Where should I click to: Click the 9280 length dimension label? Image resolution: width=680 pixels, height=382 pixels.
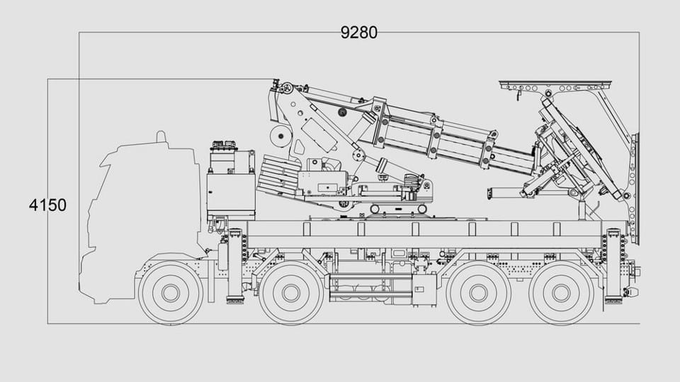(x=358, y=33)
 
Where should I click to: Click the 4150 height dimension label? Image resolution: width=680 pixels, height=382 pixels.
(x=47, y=205)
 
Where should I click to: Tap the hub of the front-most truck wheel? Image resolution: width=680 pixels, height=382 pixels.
(x=171, y=293)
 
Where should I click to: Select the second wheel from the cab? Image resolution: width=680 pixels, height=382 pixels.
(x=290, y=293)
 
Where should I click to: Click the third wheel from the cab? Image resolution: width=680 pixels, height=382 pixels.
(x=478, y=293)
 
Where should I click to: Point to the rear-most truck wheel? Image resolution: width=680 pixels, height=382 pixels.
(x=561, y=293)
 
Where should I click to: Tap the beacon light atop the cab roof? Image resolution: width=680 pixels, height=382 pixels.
(x=161, y=137)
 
